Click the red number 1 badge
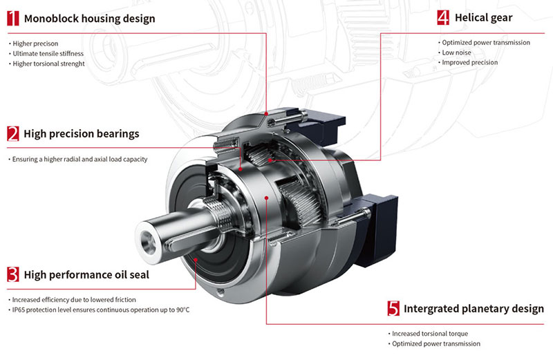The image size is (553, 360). click(x=13, y=18)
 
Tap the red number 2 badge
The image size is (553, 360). click(x=13, y=133)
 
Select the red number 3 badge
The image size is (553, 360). click(x=13, y=274)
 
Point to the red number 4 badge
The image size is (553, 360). click(x=443, y=17)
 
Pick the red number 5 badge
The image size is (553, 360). click(x=393, y=308)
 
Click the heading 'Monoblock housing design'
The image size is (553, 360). click(x=90, y=19)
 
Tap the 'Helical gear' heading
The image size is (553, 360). click(x=483, y=18)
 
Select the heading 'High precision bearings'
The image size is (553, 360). click(x=82, y=133)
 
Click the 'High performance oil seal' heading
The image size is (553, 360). click(x=86, y=275)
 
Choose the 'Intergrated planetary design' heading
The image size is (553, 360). click(x=474, y=308)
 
